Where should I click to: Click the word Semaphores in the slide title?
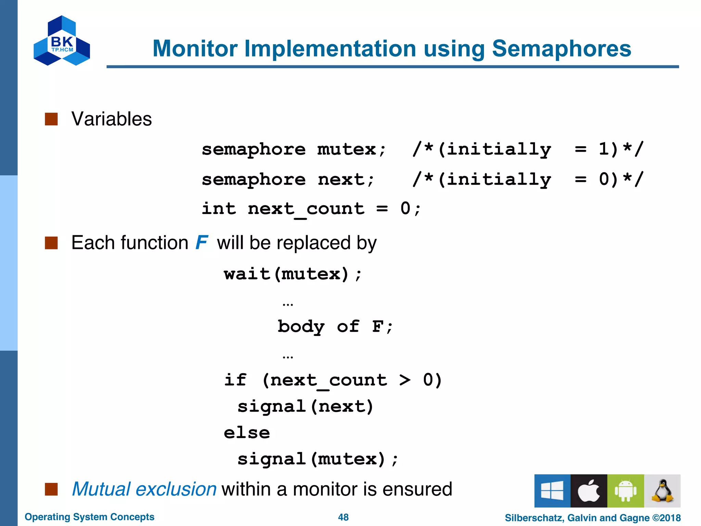(561, 48)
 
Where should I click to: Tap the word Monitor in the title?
(195, 48)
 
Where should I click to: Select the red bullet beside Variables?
(51, 119)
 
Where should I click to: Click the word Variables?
(112, 119)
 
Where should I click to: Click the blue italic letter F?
(202, 242)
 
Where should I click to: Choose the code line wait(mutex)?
(292, 274)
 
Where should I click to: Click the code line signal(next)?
(305, 406)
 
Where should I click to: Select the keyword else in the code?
(247, 433)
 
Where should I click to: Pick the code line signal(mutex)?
(318, 459)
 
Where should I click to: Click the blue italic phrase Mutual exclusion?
(144, 489)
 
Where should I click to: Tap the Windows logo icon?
(552, 491)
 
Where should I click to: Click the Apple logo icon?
(589, 491)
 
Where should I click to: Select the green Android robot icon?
(625, 491)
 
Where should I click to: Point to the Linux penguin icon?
(662, 491)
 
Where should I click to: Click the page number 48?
(343, 517)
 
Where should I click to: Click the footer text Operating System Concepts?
(89, 517)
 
